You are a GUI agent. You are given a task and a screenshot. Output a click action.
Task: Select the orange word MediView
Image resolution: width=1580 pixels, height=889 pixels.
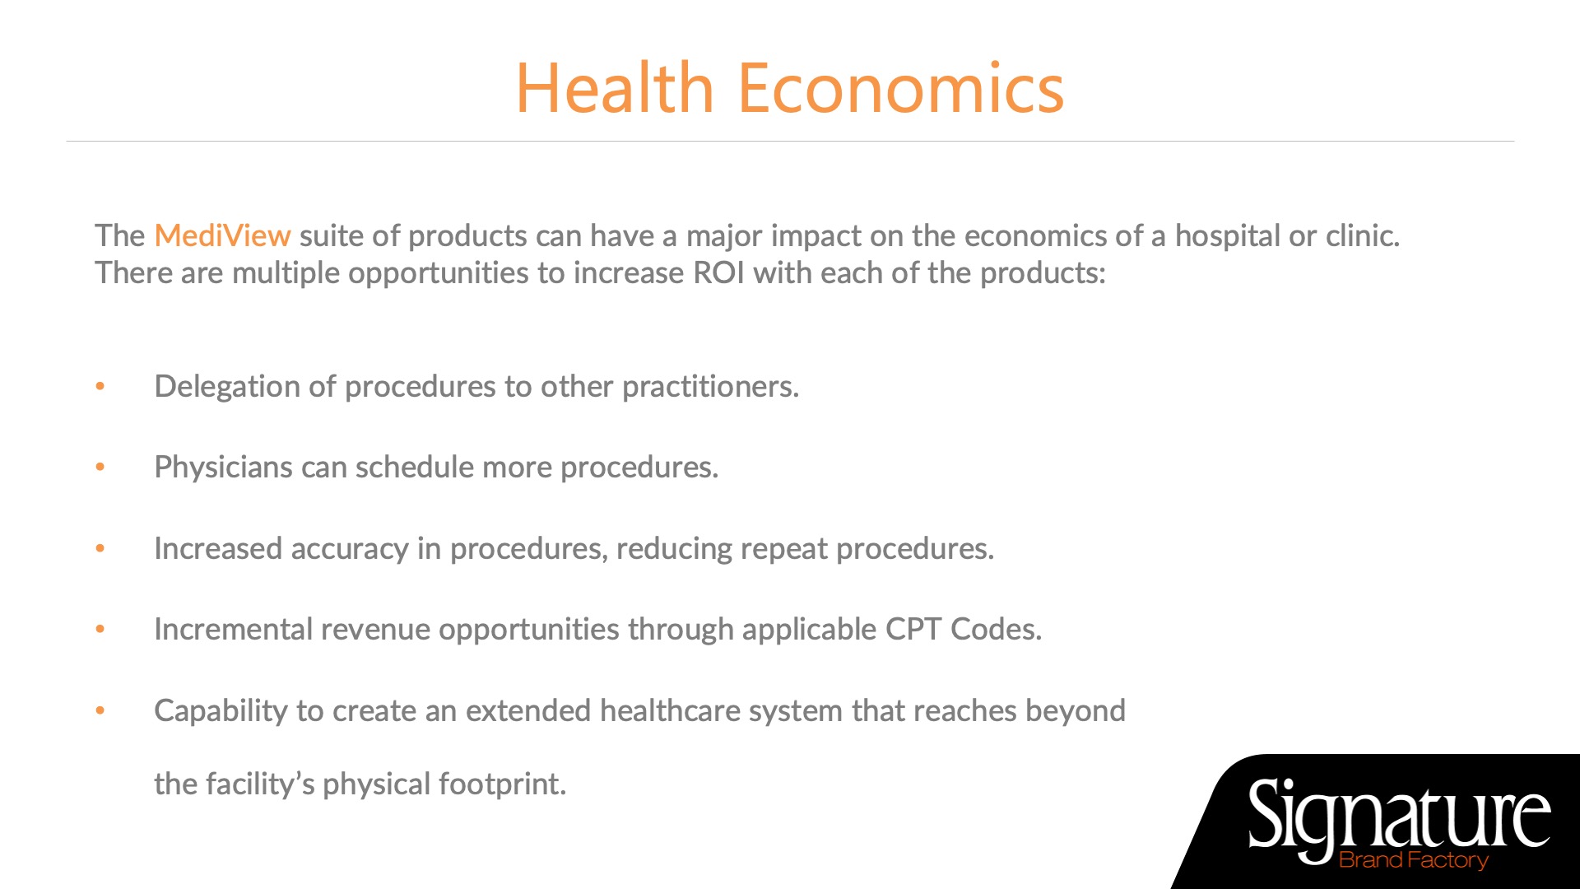[x=222, y=235]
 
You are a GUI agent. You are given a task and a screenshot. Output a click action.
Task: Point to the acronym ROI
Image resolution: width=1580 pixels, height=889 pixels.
[x=718, y=272]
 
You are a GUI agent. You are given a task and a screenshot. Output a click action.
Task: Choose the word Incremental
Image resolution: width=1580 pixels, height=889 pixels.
[x=233, y=629]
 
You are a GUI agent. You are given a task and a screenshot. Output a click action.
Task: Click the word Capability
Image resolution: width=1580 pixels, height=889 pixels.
[x=221, y=711]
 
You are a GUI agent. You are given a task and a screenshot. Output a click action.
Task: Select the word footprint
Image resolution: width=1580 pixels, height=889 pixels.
[x=502, y=784]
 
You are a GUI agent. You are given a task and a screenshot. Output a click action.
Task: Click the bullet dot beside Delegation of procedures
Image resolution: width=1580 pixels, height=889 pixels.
[x=100, y=386]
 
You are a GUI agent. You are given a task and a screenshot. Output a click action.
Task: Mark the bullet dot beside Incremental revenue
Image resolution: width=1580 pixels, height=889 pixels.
[x=100, y=629]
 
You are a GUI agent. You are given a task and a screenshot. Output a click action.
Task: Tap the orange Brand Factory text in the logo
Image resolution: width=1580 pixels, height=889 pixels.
[x=1414, y=860]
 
